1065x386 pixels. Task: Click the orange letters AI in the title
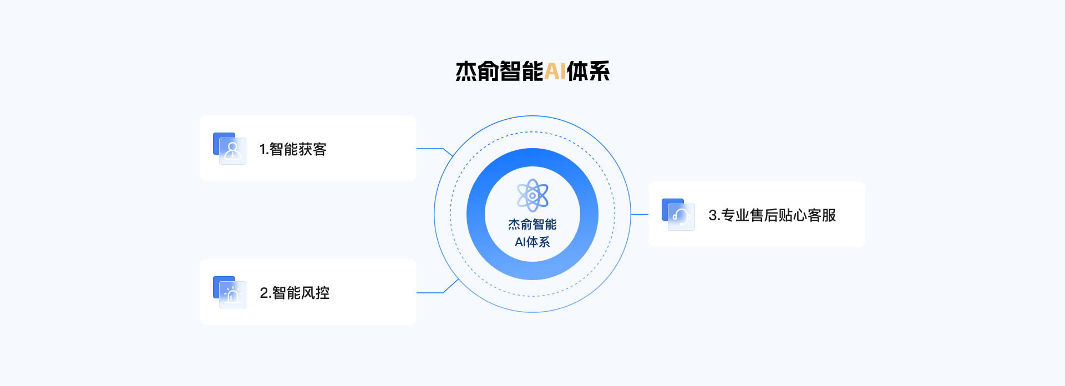555,72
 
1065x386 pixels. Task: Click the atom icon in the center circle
532,195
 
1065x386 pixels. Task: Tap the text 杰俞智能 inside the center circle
532,224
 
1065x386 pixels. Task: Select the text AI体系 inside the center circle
532,242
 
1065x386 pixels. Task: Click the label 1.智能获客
293,149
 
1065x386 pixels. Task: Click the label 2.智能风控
295,293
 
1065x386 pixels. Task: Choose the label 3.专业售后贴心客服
772,215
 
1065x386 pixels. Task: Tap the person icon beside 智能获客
232,150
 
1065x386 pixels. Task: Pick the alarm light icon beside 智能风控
232,294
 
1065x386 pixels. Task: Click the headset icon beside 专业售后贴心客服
681,216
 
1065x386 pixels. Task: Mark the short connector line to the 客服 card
640,214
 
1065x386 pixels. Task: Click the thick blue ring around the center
532,158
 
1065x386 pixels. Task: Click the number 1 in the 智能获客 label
263,149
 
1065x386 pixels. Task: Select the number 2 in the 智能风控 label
264,293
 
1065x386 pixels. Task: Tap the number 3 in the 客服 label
713,215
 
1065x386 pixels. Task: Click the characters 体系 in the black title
588,72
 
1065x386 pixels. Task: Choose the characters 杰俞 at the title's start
477,72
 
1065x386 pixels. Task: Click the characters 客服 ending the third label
822,215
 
